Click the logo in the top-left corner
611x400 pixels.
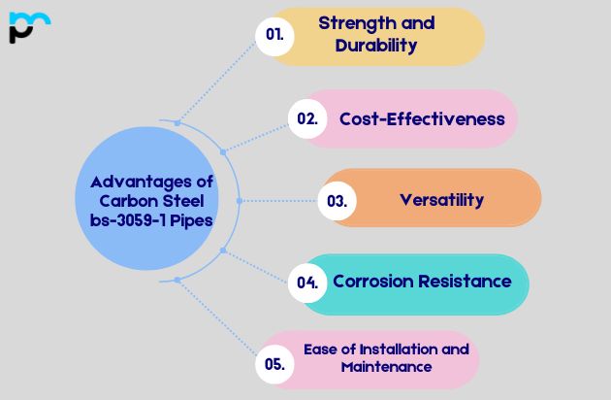point(28,27)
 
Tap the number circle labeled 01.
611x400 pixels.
point(274,34)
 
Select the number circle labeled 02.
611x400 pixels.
point(307,118)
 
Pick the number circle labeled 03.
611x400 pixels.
point(338,201)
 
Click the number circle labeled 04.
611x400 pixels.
point(307,283)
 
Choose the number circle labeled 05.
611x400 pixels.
point(273,365)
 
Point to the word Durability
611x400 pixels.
point(376,45)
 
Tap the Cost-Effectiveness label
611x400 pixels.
point(422,118)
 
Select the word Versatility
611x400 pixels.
point(441,200)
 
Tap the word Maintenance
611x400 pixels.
point(386,367)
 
